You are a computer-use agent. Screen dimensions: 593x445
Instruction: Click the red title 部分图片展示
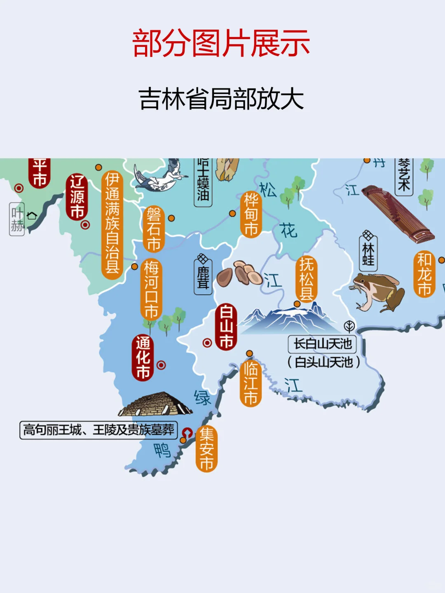[x=221, y=43]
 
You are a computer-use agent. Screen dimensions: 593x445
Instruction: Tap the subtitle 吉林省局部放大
[x=221, y=99]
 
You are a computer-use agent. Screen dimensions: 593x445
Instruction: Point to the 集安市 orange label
[x=206, y=449]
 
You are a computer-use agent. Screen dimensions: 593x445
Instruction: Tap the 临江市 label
[x=251, y=383]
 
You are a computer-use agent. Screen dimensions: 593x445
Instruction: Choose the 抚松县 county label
[x=307, y=279]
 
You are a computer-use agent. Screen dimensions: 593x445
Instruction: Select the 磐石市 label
[x=154, y=229]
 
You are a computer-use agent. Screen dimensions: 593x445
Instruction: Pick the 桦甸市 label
[x=251, y=214]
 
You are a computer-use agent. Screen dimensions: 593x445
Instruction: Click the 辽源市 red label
[x=77, y=197]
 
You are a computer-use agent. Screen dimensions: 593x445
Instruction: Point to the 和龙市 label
[x=424, y=274]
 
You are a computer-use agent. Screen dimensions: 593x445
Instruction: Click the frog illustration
[x=377, y=292]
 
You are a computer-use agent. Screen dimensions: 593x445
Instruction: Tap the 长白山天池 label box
[x=322, y=344]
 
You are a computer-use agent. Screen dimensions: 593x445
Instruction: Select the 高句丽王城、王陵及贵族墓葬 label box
[x=99, y=430]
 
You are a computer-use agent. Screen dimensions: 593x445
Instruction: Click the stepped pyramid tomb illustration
[x=155, y=404]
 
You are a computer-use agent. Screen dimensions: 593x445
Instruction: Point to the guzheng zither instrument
[x=396, y=214]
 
